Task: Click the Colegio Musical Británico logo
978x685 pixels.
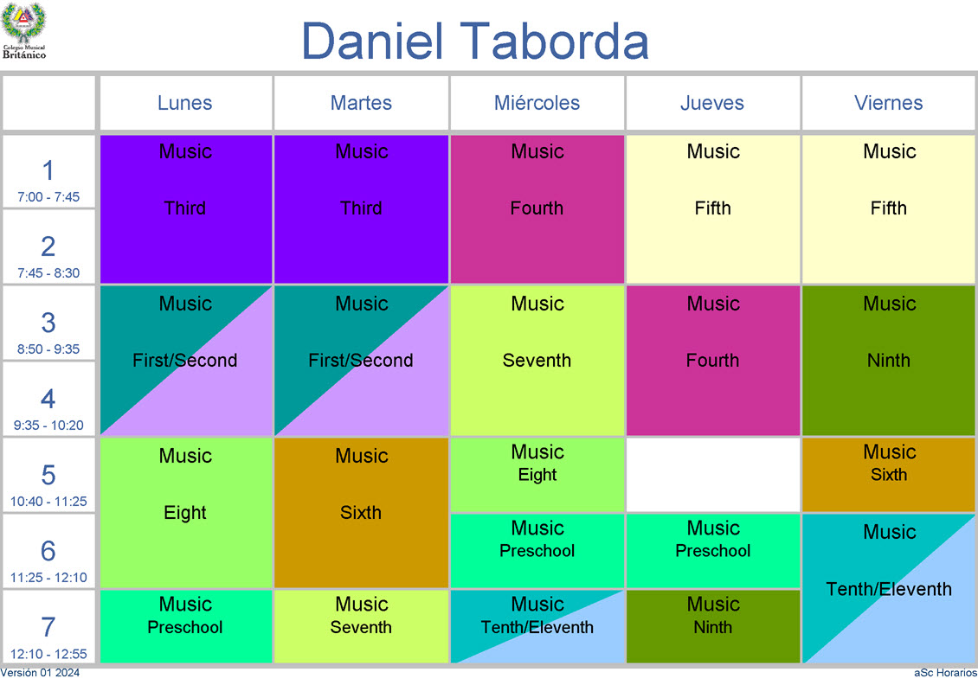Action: point(23,30)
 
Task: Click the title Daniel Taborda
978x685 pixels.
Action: point(475,42)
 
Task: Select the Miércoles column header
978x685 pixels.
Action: point(537,103)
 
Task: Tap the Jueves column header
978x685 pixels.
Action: point(712,103)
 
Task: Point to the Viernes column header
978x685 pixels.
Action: point(888,103)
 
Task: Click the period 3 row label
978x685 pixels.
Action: point(48,323)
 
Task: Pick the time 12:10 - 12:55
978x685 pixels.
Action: point(48,654)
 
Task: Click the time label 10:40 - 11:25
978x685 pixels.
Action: point(48,501)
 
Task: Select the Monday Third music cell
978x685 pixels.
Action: point(186,209)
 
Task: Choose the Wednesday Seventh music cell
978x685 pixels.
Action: point(537,361)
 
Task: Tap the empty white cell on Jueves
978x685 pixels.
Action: point(713,475)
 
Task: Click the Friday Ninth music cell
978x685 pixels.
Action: point(888,361)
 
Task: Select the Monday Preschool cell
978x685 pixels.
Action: point(186,626)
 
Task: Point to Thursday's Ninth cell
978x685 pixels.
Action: point(713,626)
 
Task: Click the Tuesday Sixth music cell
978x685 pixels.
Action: point(361,512)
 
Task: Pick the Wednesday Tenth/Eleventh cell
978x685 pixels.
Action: point(537,626)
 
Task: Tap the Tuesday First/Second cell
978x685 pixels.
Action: point(361,361)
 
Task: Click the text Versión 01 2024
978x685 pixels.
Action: point(40,673)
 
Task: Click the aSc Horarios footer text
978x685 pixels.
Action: point(946,673)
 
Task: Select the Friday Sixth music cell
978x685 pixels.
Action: point(888,475)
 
